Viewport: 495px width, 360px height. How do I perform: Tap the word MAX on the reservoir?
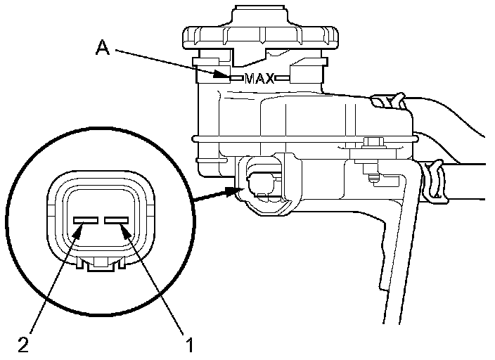259,79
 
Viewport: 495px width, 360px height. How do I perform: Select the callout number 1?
188,345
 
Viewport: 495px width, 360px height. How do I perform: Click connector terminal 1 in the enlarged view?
115,221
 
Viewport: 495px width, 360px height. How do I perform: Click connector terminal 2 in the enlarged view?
85,221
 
